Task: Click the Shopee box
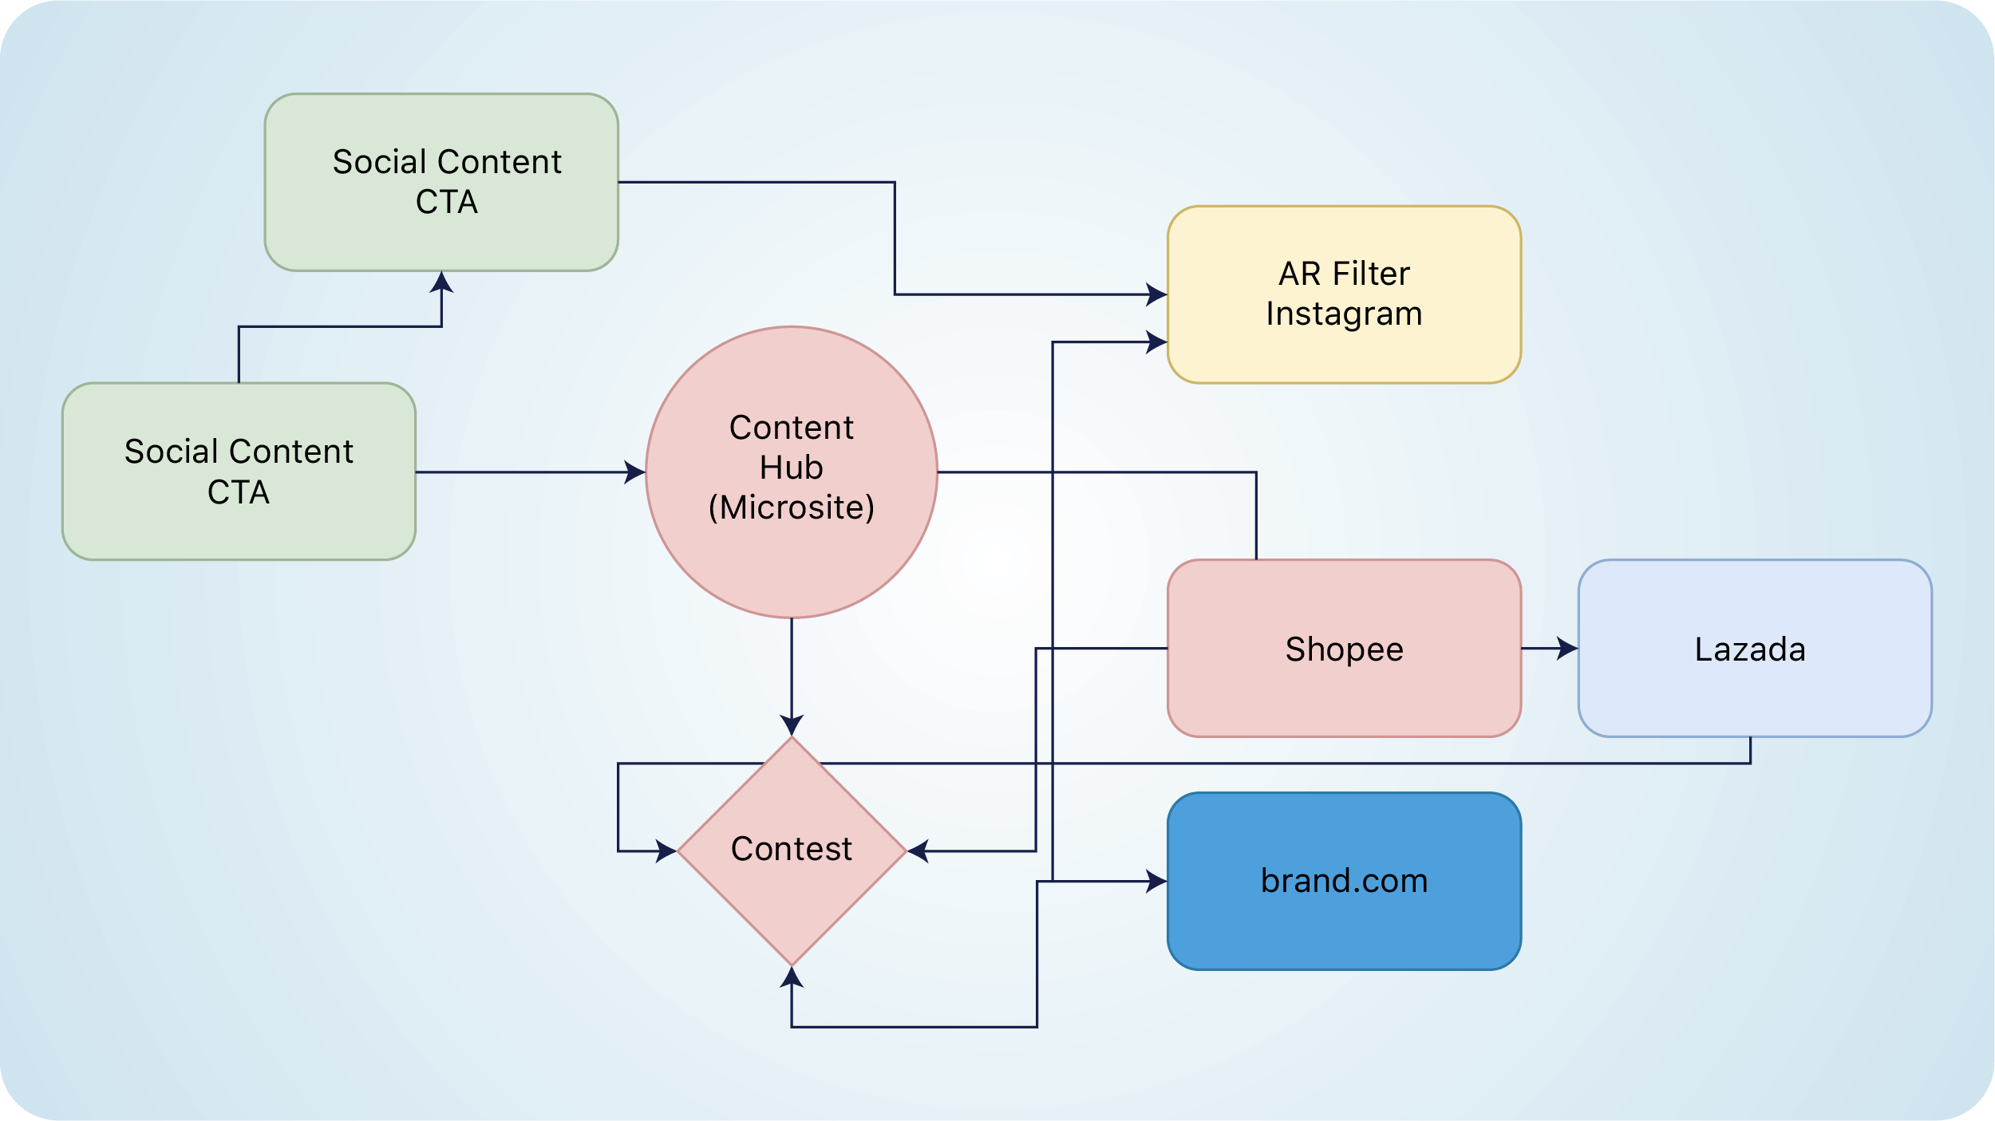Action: tap(1344, 648)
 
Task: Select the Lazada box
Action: tap(1754, 648)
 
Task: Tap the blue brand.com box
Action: tap(1344, 881)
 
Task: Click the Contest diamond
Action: tap(792, 850)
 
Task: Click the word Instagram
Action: tap(1344, 314)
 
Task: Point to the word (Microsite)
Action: tap(792, 507)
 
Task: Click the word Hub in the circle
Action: tap(792, 468)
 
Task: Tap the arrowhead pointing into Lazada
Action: tap(1567, 648)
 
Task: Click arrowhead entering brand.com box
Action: tap(1157, 881)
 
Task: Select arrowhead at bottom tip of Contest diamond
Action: tap(792, 977)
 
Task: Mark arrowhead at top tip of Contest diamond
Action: tap(792, 725)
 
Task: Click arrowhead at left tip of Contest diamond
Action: tap(666, 851)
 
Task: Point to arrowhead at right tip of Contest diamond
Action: tap(918, 851)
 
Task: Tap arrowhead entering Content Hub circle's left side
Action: tap(635, 472)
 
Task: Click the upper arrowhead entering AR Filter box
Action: tap(1157, 294)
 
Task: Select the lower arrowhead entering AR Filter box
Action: tap(1157, 341)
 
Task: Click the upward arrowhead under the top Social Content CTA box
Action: tap(441, 282)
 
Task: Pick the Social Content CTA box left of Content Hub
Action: tap(239, 471)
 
